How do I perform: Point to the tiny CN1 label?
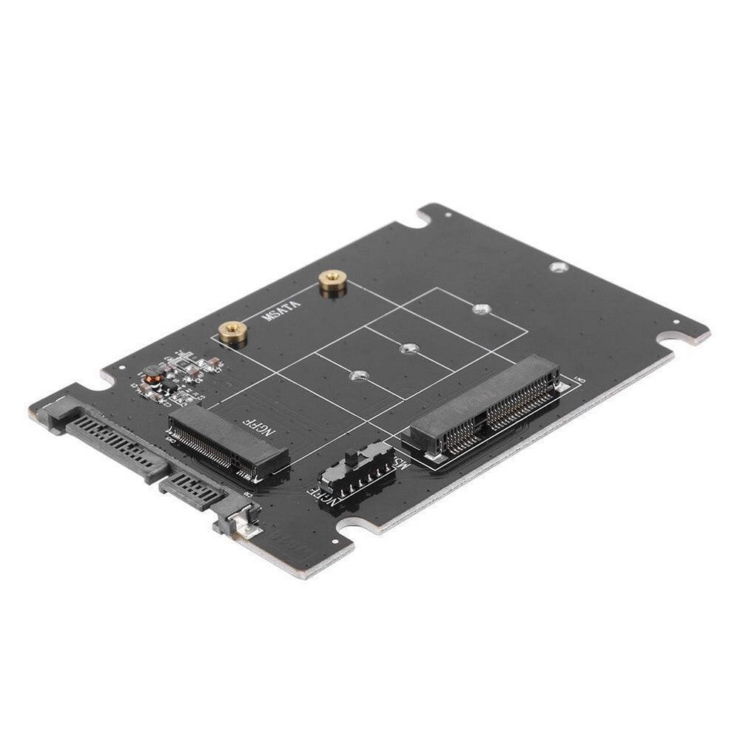tap(579, 380)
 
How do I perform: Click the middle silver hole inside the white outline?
tap(406, 346)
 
